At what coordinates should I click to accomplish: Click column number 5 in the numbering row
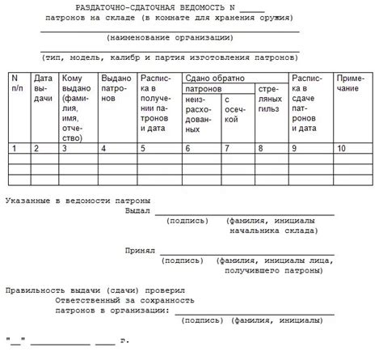tap(143, 149)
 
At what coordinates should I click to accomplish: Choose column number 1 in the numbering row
tap(14, 149)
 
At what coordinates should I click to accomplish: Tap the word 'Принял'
tap(139, 252)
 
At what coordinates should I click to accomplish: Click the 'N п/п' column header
tap(15, 83)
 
